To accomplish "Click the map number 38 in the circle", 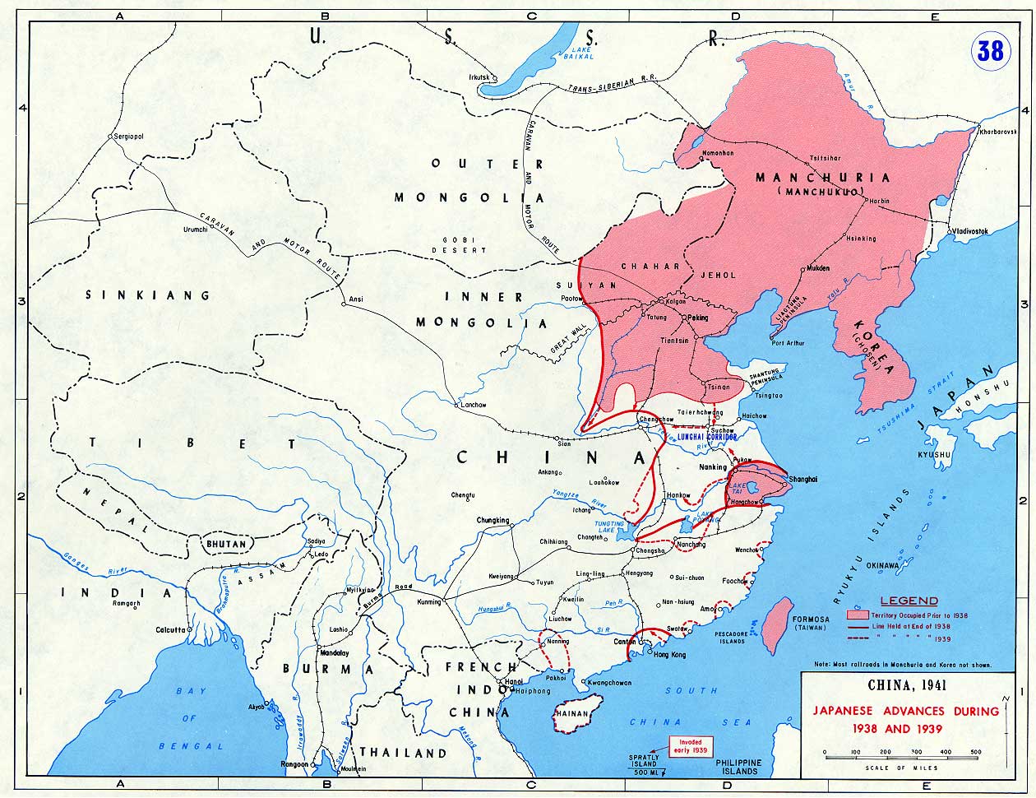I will [990, 51].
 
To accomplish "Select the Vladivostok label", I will [970, 232].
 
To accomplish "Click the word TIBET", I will [192, 443].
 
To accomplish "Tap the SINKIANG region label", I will [148, 295].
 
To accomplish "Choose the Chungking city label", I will [493, 520].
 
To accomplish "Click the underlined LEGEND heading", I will [909, 601].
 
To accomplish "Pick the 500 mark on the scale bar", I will [976, 752].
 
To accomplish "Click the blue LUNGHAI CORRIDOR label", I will [705, 437].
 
